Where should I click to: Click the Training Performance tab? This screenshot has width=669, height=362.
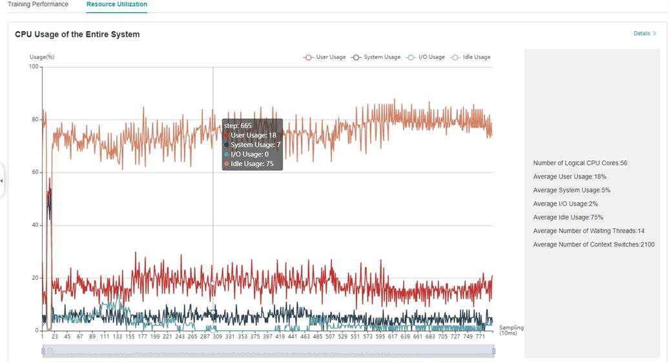click(37, 5)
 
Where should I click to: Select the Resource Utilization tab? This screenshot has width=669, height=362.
click(117, 5)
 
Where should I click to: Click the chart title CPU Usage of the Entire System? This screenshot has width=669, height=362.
click(77, 34)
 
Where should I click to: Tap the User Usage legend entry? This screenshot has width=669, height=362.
click(325, 57)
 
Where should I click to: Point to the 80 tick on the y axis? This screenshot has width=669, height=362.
click(34, 120)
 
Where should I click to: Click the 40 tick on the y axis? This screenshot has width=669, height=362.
click(34, 225)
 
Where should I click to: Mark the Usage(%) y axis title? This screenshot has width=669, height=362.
click(42, 57)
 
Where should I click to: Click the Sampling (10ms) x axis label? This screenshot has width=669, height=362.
click(511, 331)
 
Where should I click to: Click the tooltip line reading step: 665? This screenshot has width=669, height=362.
click(238, 125)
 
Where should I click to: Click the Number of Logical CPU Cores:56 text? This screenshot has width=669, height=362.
click(580, 163)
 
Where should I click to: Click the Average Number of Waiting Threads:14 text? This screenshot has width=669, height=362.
click(588, 231)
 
